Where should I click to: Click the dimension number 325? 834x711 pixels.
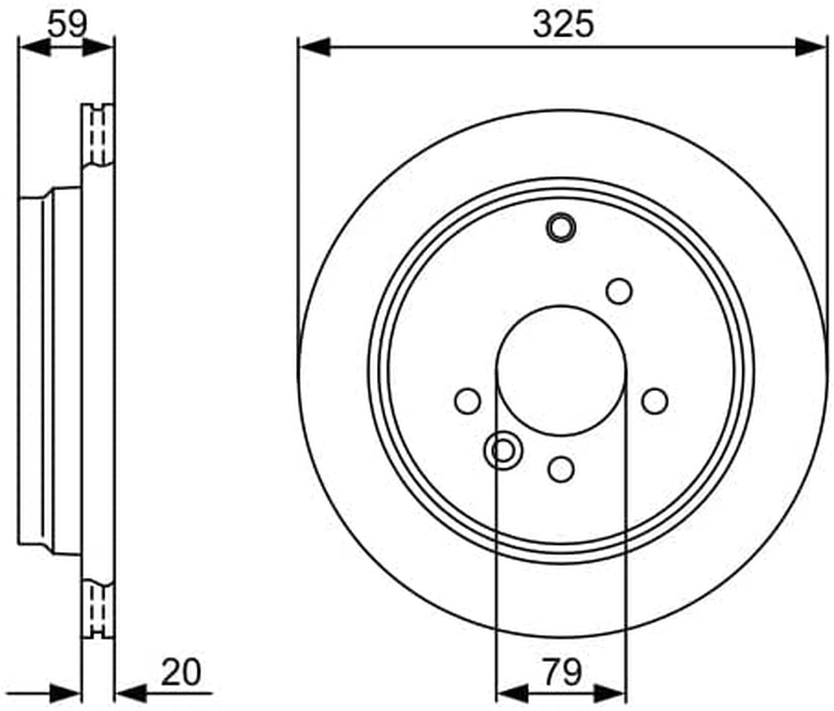coord(563,25)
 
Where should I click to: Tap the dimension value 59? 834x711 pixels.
coord(67,23)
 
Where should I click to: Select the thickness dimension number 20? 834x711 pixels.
coord(180,672)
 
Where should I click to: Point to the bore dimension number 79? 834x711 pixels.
coord(563,672)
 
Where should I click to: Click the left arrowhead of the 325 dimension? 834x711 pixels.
coord(315,47)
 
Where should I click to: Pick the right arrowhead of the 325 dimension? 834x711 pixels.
coord(811,47)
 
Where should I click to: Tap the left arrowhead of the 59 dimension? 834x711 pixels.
coord(35,47)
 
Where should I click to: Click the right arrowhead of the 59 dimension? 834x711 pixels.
coord(99,47)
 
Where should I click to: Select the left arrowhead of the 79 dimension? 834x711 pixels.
coord(511,693)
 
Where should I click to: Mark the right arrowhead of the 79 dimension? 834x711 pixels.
coord(610,693)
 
